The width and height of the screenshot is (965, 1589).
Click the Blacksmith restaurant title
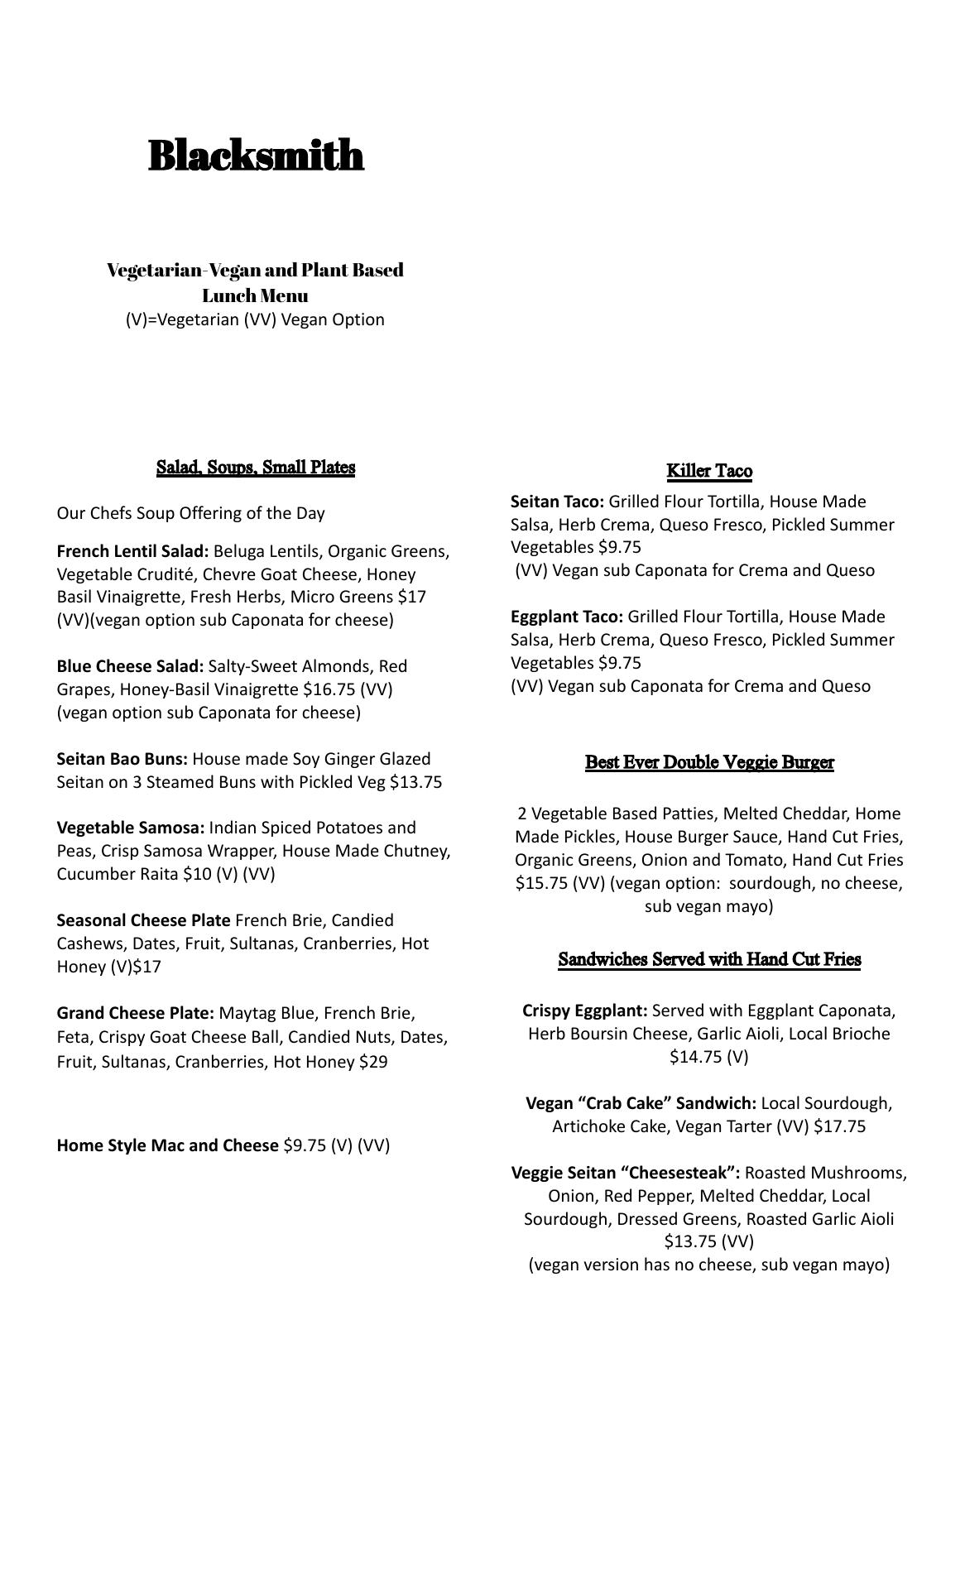(x=256, y=156)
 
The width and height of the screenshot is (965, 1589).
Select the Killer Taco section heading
(x=709, y=472)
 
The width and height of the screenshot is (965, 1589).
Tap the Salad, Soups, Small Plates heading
(x=256, y=468)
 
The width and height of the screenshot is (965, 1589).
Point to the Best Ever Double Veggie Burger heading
(x=709, y=762)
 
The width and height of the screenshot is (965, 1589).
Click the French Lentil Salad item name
(x=132, y=551)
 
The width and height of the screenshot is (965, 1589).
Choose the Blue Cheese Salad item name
(x=130, y=666)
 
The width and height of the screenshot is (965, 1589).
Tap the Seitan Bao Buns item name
(x=122, y=759)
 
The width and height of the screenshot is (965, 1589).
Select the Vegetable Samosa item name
(x=131, y=828)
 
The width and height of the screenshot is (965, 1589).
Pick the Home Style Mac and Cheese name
(x=167, y=1145)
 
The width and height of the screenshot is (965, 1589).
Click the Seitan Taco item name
(x=557, y=502)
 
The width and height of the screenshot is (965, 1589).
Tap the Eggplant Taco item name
(x=566, y=617)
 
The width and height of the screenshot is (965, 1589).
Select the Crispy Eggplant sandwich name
(x=584, y=1011)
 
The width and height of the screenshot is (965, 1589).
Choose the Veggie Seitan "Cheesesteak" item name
(x=626, y=1173)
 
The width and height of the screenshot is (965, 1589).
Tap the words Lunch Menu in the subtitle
(x=255, y=295)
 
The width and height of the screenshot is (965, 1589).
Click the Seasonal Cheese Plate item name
(x=143, y=920)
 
